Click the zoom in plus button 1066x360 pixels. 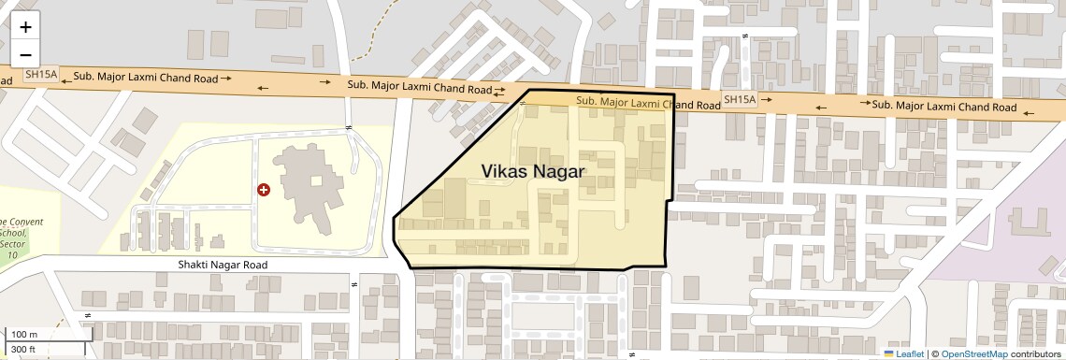25,27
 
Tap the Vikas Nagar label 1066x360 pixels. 532,171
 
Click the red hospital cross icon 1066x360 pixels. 264,190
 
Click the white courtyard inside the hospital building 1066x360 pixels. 317,180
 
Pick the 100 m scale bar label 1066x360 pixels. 25,335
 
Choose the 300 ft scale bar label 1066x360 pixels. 25,350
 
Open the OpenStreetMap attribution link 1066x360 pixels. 973,353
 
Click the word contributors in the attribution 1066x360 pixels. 1036,353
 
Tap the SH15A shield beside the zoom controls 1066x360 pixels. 41,74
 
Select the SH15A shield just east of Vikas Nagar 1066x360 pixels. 739,99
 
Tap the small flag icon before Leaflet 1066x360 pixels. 888,353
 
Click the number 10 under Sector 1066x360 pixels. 12,254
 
